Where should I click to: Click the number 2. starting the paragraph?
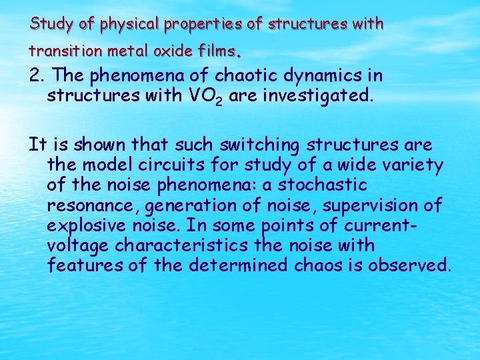click(x=37, y=76)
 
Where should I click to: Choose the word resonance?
click(x=88, y=205)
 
